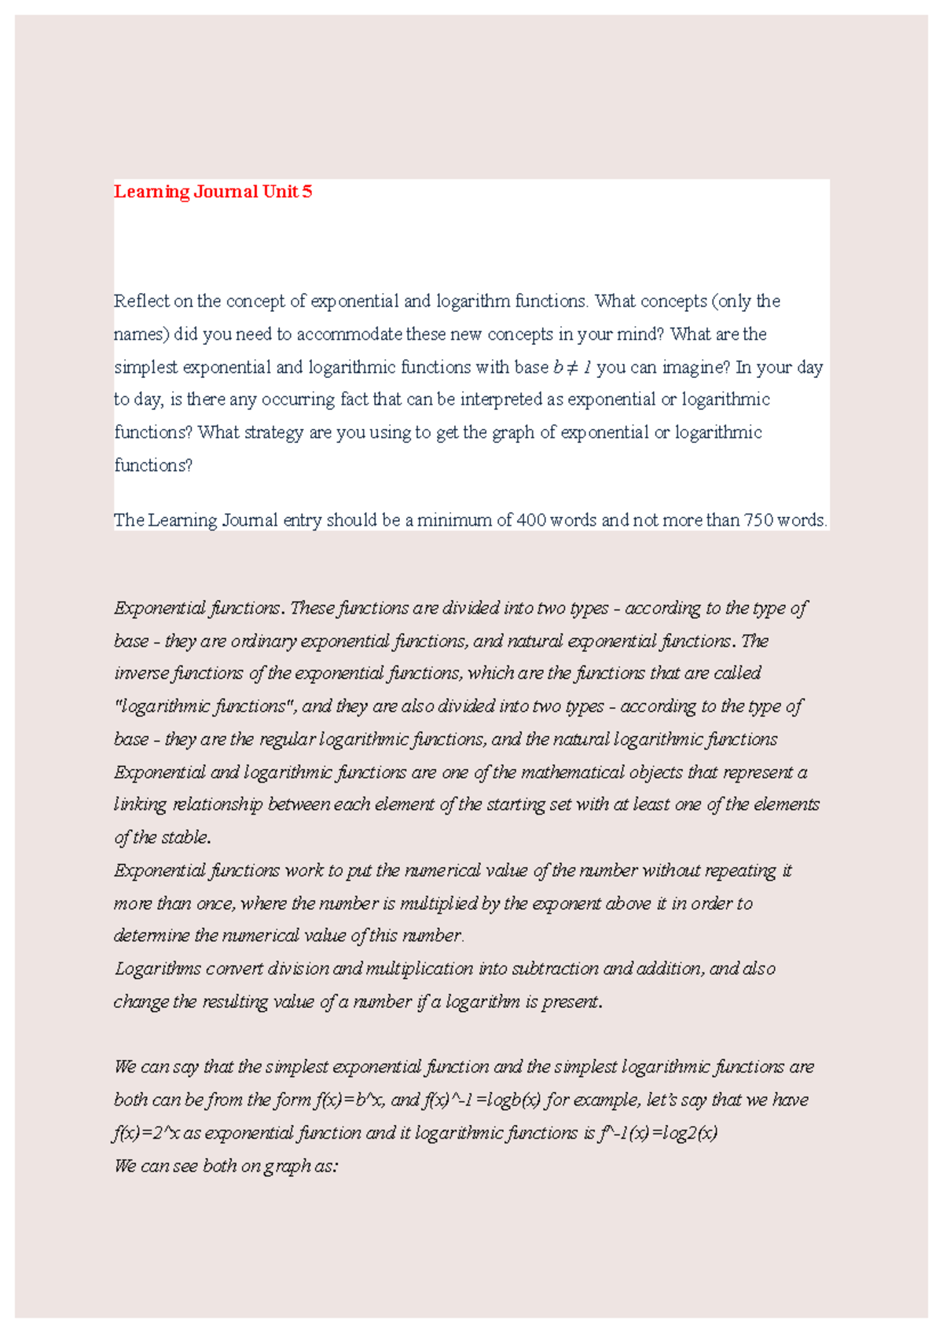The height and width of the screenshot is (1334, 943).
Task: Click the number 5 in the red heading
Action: (307, 192)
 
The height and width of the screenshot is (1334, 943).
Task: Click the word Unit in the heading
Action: (281, 192)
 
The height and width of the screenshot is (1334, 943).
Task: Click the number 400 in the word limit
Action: (531, 520)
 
